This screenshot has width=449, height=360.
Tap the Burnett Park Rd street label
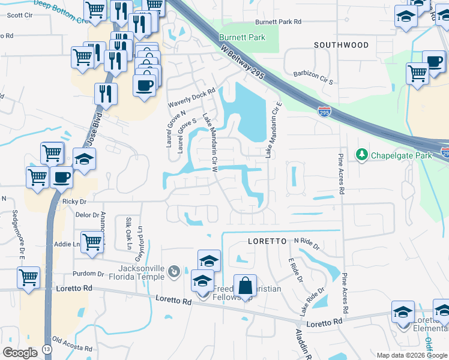[x=277, y=22]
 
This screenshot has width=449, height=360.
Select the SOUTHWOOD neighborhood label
[x=341, y=45]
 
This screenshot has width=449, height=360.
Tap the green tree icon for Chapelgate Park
[x=361, y=155]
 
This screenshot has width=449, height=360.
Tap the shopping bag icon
[x=245, y=287]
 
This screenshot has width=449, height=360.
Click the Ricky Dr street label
[x=74, y=202]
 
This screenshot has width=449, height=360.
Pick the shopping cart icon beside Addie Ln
[x=92, y=242]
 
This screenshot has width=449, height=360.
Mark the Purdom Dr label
[x=92, y=274]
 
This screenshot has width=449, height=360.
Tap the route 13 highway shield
[x=47, y=350]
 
